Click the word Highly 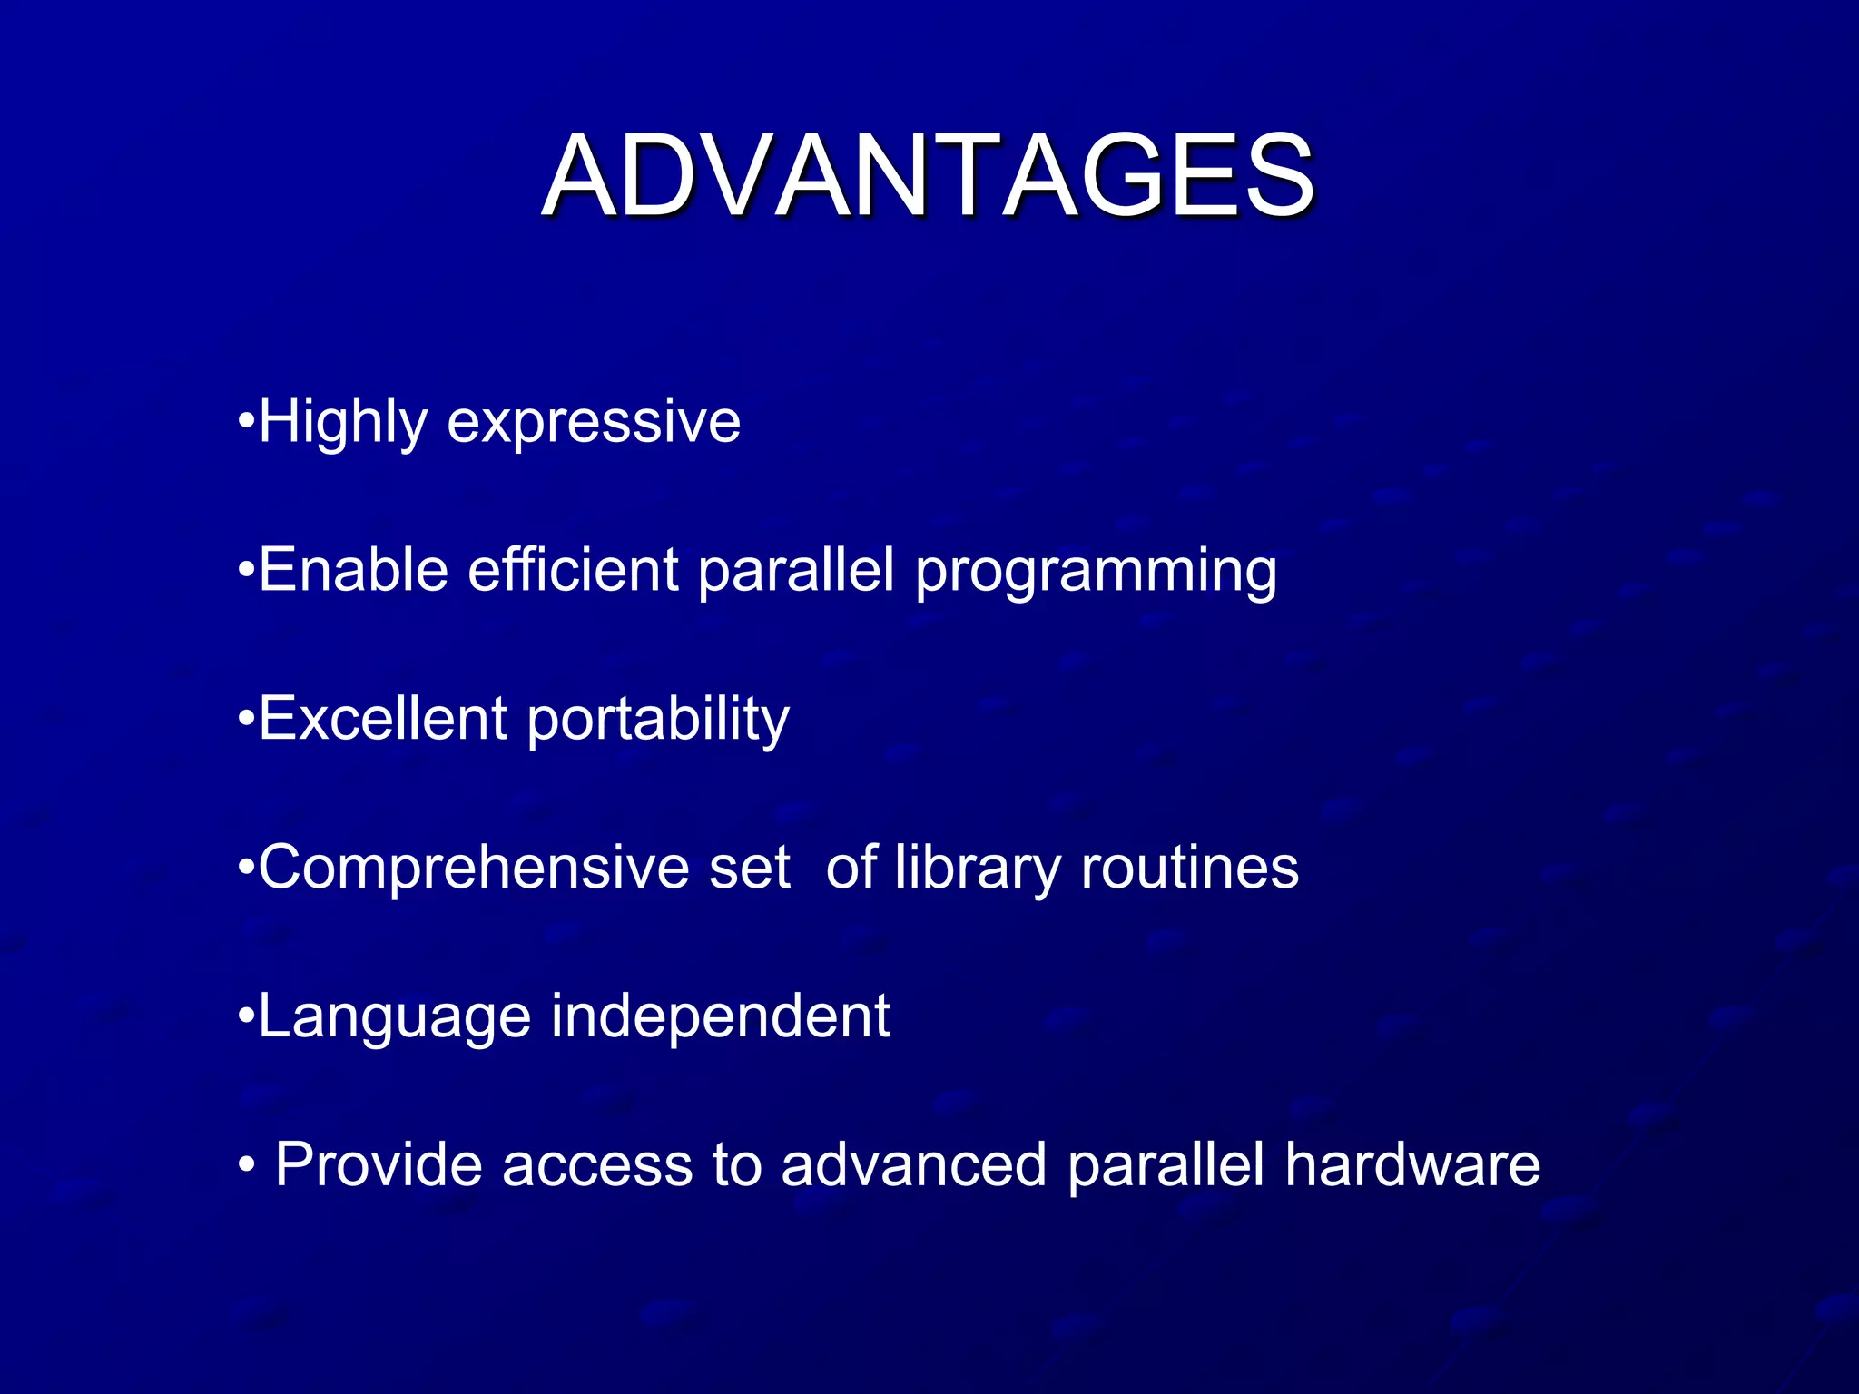pyautogui.click(x=342, y=423)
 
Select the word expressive pyautogui.click(x=594, y=423)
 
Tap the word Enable pyautogui.click(x=353, y=571)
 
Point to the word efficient pyautogui.click(x=573, y=571)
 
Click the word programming pyautogui.click(x=1096, y=573)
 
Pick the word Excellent pyautogui.click(x=382, y=719)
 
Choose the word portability pyautogui.click(x=658, y=721)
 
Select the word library pyautogui.click(x=978, y=869)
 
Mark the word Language pyautogui.click(x=395, y=1017)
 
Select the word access pyautogui.click(x=597, y=1166)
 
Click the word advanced pyautogui.click(x=913, y=1164)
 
